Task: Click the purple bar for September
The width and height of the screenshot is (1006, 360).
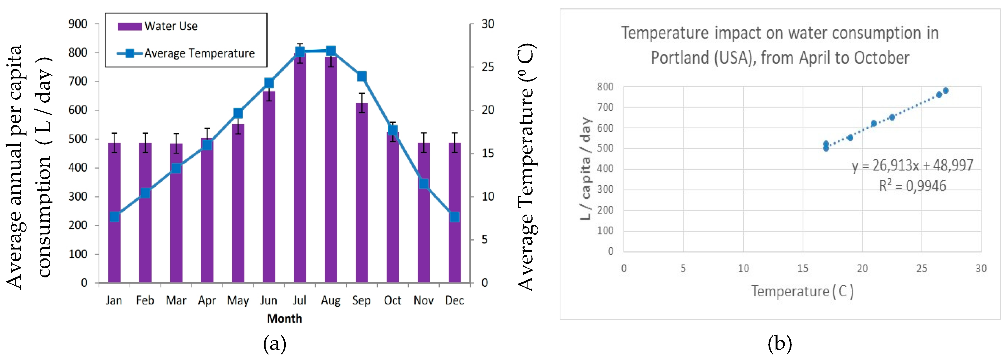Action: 362,195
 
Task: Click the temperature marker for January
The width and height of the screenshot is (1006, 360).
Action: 114,217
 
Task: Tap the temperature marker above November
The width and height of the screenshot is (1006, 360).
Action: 424,184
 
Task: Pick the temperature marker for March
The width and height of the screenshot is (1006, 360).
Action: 176,168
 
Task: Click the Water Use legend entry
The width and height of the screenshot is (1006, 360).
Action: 158,26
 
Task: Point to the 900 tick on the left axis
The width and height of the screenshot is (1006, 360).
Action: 78,24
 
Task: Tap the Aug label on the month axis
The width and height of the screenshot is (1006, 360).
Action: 330,300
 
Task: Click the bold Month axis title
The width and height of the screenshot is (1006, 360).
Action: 284,319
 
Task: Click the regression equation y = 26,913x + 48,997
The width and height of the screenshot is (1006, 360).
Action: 912,165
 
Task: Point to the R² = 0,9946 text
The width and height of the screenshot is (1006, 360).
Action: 912,186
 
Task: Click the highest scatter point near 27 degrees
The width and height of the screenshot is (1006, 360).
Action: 945,91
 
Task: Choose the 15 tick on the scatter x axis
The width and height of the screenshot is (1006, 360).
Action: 803,269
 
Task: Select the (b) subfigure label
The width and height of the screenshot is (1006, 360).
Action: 779,344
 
